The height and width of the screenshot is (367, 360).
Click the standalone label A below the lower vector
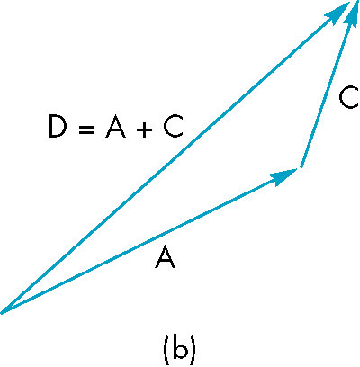(165, 257)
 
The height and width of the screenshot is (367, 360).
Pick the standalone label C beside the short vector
(349, 97)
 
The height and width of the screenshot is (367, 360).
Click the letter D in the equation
(57, 127)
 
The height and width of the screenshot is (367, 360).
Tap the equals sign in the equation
(86, 130)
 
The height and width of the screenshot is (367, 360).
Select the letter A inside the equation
(115, 127)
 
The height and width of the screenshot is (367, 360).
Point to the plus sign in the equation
(144, 130)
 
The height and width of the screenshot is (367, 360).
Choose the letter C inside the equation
(173, 127)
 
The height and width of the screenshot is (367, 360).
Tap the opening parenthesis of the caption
(166, 349)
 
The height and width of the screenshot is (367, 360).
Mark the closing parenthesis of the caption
(193, 349)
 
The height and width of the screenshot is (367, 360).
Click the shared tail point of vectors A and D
(2, 312)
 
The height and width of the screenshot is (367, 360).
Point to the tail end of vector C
(301, 166)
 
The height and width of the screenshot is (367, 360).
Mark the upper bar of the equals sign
(86, 127)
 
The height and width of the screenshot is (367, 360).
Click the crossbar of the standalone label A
(165, 261)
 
